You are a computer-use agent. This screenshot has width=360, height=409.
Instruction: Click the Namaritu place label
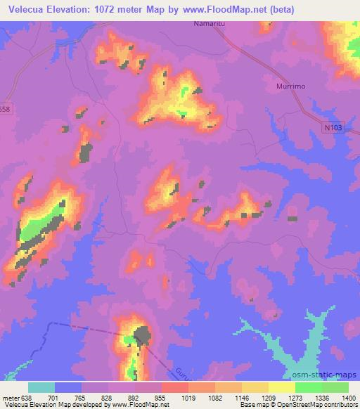tap(208, 24)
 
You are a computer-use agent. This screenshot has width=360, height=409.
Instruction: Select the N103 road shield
tap(335, 127)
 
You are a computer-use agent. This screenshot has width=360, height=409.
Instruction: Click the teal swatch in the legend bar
tap(41, 387)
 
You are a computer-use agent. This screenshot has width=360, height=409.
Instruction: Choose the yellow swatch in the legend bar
tap(282, 387)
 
